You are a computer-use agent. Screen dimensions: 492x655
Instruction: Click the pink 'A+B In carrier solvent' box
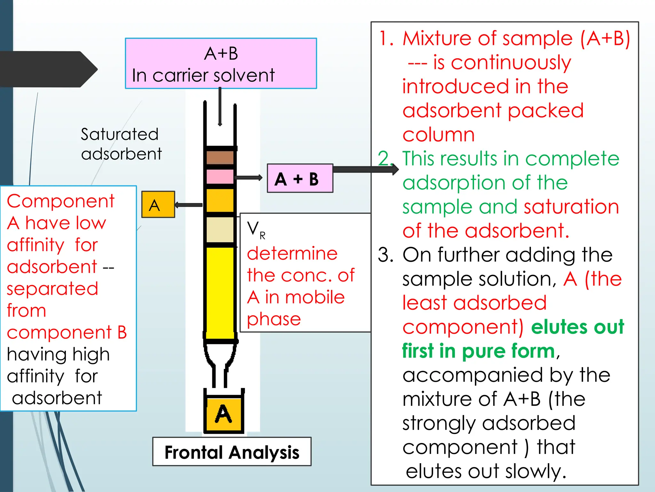coord(221,63)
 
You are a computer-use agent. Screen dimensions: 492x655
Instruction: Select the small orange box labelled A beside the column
coord(158,205)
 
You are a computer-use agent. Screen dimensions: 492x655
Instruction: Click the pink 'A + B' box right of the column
coord(300,178)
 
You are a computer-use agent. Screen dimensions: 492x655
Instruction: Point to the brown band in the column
coord(220,158)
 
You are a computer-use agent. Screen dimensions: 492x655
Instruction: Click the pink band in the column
coord(220,176)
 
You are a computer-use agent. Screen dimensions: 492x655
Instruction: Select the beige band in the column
coord(220,230)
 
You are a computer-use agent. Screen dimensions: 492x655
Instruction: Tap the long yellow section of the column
coord(220,291)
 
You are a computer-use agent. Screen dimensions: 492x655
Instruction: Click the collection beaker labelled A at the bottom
coord(224,414)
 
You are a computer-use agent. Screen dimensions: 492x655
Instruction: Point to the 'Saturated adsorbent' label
coord(121,144)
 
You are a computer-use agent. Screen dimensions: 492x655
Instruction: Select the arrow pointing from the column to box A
coord(188,205)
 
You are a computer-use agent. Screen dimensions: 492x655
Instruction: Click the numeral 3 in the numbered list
coord(385,255)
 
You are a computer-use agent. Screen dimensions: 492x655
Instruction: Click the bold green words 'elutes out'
coord(578,327)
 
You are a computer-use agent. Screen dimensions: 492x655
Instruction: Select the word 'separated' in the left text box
coord(52,289)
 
